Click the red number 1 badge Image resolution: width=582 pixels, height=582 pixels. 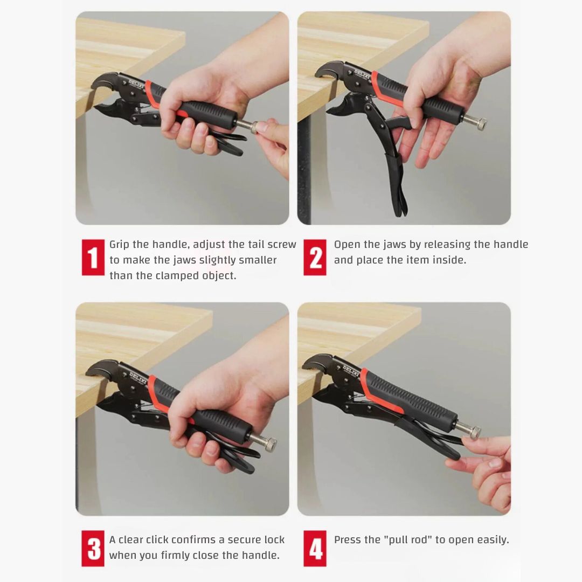tap(93, 258)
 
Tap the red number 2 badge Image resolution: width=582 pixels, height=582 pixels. tap(315, 258)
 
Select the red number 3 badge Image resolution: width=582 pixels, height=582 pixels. tap(93, 548)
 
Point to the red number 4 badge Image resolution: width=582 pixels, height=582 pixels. tap(315, 548)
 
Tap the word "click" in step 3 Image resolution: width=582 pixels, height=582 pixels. tap(160, 539)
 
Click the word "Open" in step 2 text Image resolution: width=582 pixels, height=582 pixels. tap(348, 245)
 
